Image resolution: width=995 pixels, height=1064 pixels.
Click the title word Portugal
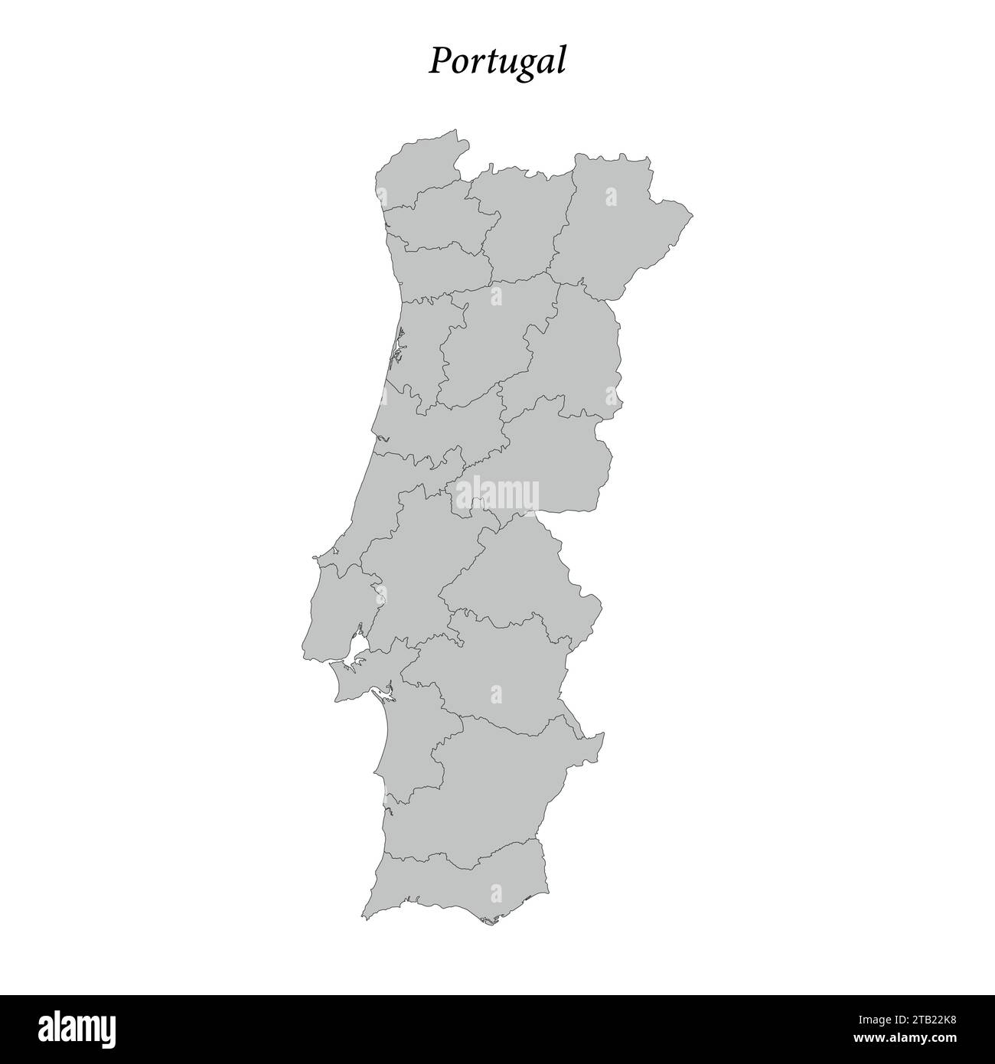point(497,61)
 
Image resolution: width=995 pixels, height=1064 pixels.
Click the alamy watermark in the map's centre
point(497,494)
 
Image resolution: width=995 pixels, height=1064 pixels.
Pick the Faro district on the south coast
point(459,888)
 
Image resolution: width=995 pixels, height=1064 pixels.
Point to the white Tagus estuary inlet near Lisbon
point(357,654)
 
